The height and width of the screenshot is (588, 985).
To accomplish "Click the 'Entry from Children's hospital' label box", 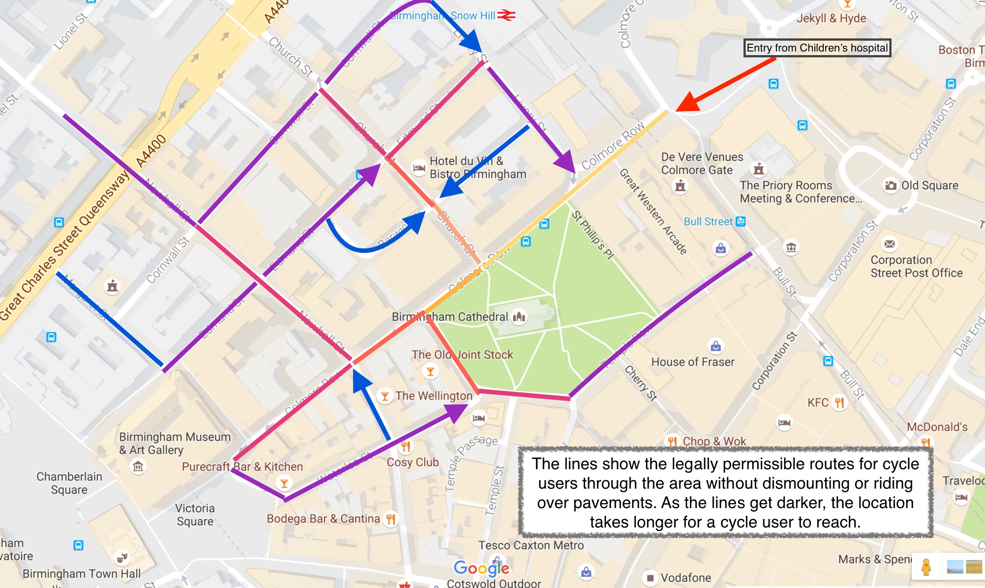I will coord(817,48).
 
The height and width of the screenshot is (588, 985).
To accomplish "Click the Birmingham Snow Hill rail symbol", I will coord(506,15).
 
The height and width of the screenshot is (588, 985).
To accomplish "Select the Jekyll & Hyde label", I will coord(831,19).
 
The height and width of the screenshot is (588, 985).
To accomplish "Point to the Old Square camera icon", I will coord(890,186).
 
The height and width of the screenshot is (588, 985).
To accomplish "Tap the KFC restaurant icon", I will coord(839,402).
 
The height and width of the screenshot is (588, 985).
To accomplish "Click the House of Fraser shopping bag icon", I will coord(716,346).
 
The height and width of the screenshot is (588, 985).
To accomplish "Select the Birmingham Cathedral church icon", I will coord(519,317).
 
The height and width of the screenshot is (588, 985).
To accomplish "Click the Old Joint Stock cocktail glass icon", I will coord(430,372).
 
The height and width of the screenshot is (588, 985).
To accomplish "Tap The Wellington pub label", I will coord(433,396).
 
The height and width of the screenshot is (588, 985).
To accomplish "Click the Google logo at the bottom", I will coord(481,568).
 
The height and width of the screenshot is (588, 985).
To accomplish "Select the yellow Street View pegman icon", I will coord(926,567).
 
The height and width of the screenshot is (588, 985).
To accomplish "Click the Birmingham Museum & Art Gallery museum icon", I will coord(138,466).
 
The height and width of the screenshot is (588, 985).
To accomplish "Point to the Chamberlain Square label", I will coord(69,483).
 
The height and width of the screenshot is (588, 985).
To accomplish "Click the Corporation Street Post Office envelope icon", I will coord(889,244).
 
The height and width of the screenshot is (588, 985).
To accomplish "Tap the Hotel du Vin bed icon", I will coord(419,168).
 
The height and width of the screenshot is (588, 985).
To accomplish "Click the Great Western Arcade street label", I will coord(653,211).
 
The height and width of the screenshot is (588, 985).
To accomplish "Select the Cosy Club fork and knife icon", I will coord(405,447).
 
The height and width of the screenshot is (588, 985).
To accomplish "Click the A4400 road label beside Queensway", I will coord(151,151).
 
